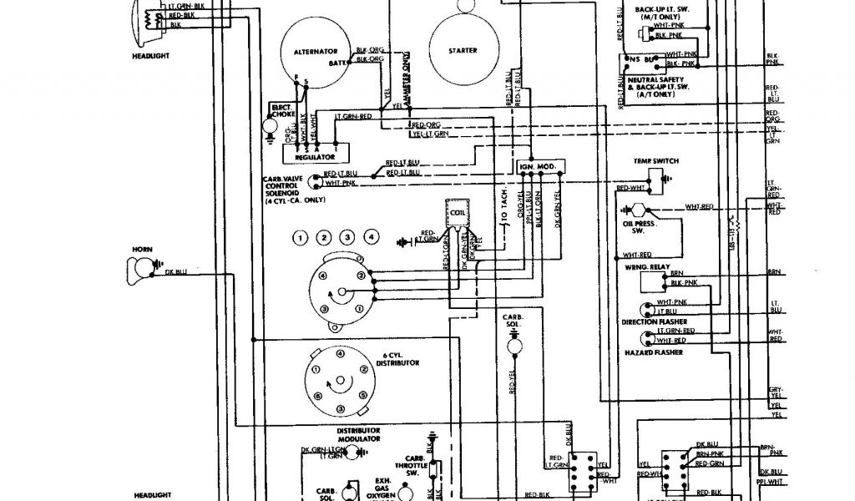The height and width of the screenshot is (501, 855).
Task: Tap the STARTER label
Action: click(x=462, y=51)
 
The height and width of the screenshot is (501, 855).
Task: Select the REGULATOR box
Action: click(x=316, y=156)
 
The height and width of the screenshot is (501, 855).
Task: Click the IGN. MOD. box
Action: click(x=538, y=167)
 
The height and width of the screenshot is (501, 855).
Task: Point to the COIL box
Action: click(x=457, y=213)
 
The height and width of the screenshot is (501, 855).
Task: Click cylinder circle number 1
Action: click(x=300, y=238)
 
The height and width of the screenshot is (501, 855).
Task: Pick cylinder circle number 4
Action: click(x=371, y=237)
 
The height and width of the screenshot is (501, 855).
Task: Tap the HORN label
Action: click(x=139, y=249)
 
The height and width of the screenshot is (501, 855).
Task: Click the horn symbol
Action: click(x=139, y=268)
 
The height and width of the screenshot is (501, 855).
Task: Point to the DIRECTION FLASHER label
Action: click(x=652, y=321)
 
